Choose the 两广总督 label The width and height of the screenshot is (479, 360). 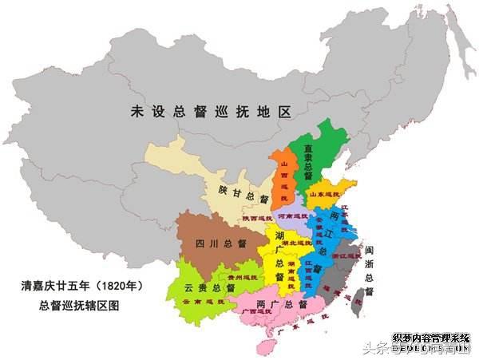(x=283, y=304)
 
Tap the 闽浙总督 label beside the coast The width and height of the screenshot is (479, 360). (x=369, y=265)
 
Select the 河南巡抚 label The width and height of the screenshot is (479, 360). (x=292, y=216)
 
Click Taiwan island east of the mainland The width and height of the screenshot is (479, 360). (x=358, y=300)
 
